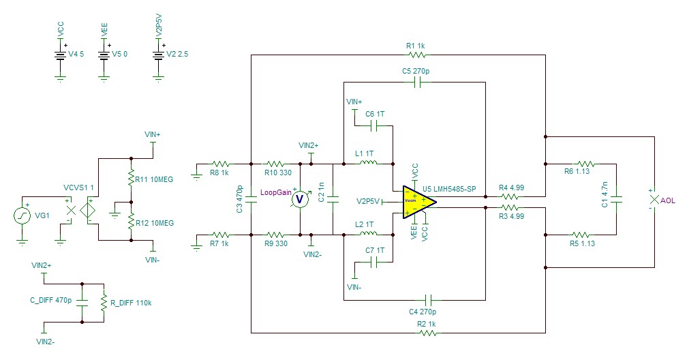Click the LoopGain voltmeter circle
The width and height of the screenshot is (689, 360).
297,199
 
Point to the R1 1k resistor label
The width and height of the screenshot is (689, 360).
416,46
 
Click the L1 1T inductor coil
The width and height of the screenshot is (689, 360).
368,164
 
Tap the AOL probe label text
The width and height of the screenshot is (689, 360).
669,201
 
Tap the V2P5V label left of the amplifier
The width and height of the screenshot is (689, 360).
368,201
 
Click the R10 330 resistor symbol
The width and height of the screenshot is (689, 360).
275,164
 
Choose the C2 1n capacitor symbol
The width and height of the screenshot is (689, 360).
333,200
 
